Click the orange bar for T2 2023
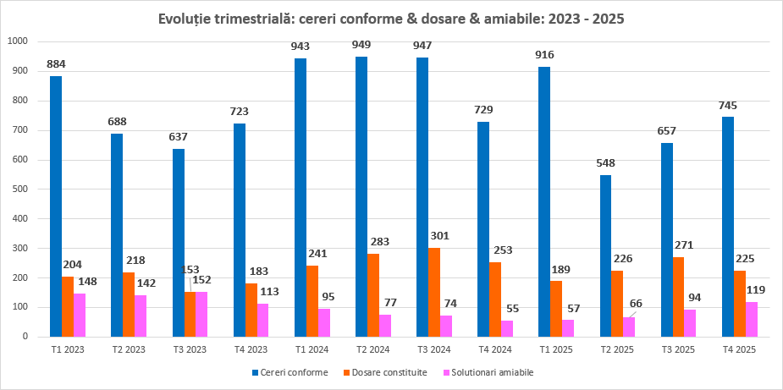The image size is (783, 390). point(129,304)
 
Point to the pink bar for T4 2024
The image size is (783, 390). point(507,328)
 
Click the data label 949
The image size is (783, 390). point(361,44)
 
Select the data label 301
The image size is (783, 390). point(438,236)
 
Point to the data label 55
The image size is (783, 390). point(512,310)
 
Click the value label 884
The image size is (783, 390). point(56,63)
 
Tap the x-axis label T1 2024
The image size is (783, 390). point(312,348)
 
